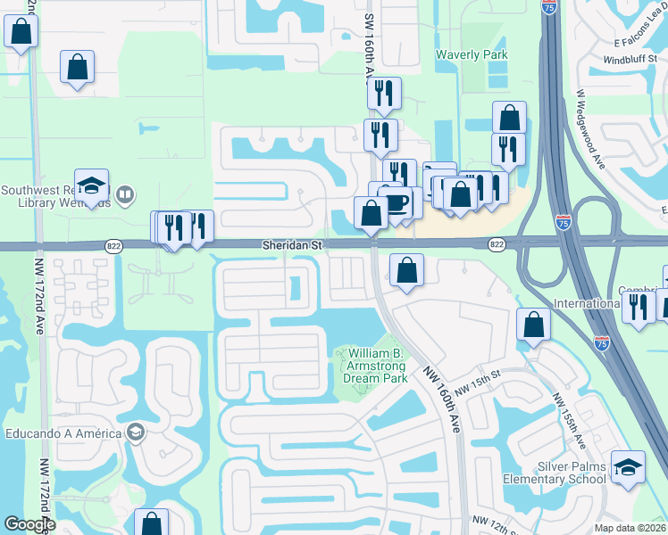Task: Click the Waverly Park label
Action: pyautogui.click(x=471, y=54)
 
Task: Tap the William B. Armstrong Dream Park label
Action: pyautogui.click(x=372, y=366)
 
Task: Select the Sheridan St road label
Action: pyautogui.click(x=291, y=243)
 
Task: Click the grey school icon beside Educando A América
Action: pyautogui.click(x=136, y=433)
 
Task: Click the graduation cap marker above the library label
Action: pyautogui.click(x=91, y=185)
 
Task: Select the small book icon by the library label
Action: pyautogui.click(x=126, y=194)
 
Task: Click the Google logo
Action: pyautogui.click(x=29, y=524)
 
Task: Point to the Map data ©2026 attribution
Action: pyautogui.click(x=630, y=528)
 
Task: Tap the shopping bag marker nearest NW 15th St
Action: pyautogui.click(x=533, y=327)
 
